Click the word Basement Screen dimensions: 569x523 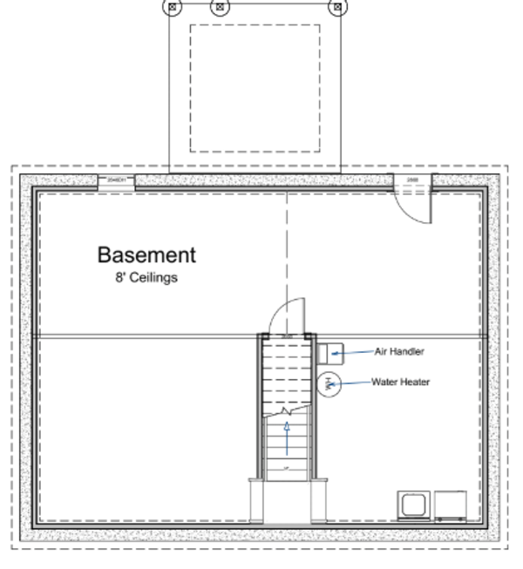[146, 255]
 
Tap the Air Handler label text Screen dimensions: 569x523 [399, 352]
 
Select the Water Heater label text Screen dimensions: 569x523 [400, 382]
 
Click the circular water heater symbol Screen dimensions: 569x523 [329, 383]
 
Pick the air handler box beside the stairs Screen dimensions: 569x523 [333, 352]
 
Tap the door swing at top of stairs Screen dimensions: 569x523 [287, 316]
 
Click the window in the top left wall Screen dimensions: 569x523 [115, 180]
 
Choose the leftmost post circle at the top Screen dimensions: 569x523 [173, 7]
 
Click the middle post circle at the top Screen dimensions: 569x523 [221, 7]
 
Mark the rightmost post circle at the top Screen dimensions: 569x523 [336, 7]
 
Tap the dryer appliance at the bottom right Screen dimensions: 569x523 [452, 505]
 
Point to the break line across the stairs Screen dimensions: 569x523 [288, 410]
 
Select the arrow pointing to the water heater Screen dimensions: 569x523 [353, 383]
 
